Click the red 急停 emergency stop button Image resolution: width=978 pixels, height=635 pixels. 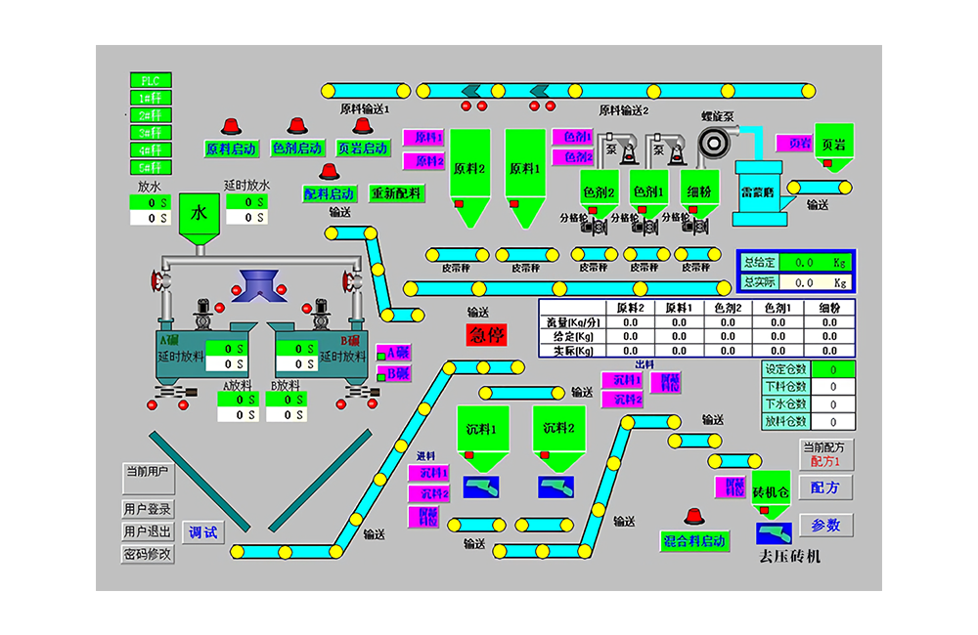(486, 334)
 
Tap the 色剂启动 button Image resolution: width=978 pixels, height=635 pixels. (296, 148)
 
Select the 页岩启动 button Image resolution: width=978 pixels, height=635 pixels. (362, 148)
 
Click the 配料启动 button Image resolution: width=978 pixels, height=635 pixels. (329, 193)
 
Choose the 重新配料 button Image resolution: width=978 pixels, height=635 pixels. (396, 193)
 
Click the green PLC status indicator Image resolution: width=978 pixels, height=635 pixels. (150, 80)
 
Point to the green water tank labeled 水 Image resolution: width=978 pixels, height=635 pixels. (200, 213)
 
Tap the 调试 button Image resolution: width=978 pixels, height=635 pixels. (202, 532)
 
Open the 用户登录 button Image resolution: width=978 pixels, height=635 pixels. (148, 509)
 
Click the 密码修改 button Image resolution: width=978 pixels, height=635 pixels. (148, 554)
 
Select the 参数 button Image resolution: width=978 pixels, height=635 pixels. (825, 525)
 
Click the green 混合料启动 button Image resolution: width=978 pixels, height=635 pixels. (694, 541)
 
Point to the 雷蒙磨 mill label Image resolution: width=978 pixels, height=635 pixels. (759, 193)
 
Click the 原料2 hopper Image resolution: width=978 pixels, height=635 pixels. (469, 169)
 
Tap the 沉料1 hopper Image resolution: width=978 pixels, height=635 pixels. (482, 429)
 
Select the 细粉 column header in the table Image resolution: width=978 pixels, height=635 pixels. (829, 308)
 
